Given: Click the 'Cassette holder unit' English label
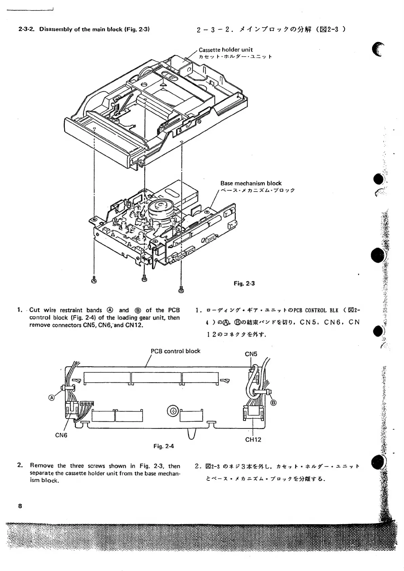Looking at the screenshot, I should click(x=226, y=50).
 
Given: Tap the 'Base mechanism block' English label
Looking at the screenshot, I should click(x=251, y=183).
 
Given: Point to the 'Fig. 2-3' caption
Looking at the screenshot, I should click(x=244, y=283).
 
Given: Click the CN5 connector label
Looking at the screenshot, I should click(x=251, y=354).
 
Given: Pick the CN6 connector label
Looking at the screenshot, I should click(x=61, y=435).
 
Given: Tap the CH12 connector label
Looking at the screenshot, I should click(x=253, y=440).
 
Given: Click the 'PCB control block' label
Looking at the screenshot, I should click(x=175, y=351).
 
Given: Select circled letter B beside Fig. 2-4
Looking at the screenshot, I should click(x=273, y=403).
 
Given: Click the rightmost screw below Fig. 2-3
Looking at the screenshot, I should click(x=181, y=289).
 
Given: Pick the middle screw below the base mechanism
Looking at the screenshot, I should click(x=145, y=278).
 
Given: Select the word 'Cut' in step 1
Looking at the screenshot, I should click(x=35, y=310).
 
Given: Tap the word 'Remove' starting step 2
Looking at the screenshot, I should click(x=42, y=466).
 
